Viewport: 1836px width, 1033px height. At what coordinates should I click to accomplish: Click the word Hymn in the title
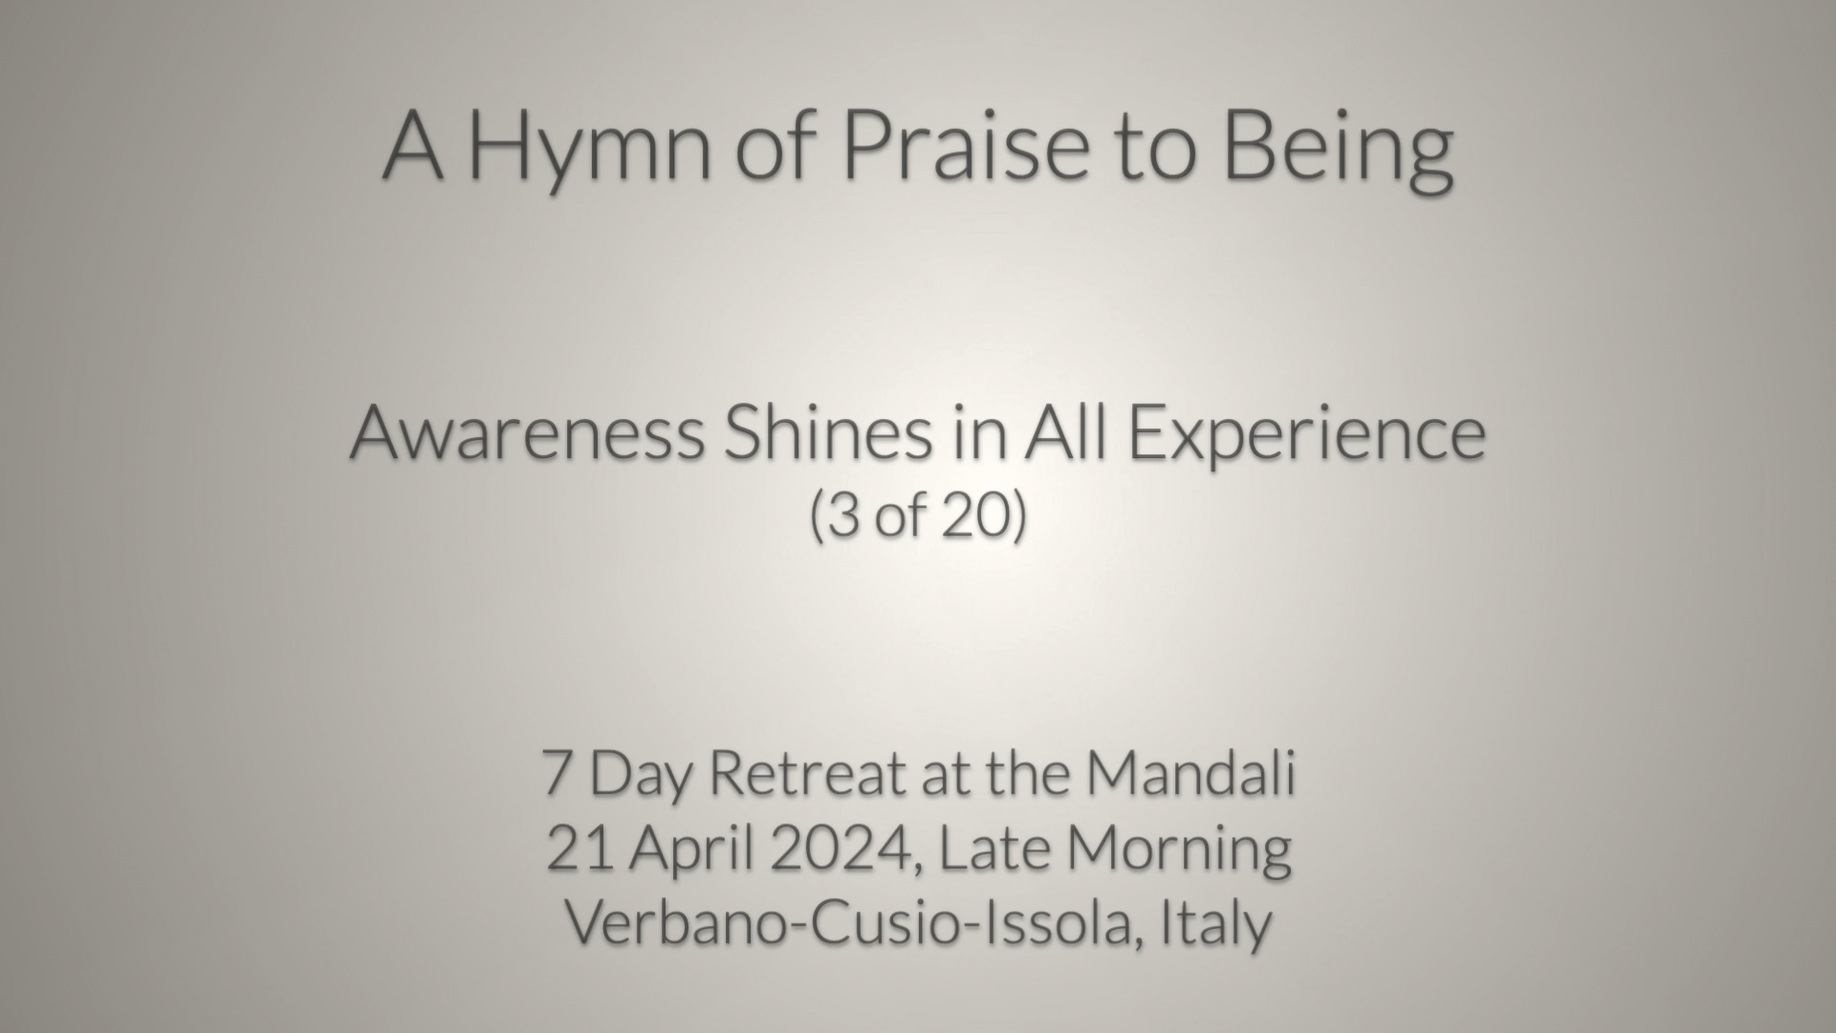coord(591,145)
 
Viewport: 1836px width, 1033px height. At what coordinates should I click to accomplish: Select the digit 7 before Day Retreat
coord(557,773)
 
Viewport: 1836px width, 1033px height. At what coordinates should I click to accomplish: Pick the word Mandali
coord(1190,772)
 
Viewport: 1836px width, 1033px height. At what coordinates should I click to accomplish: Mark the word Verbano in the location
coord(673,923)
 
